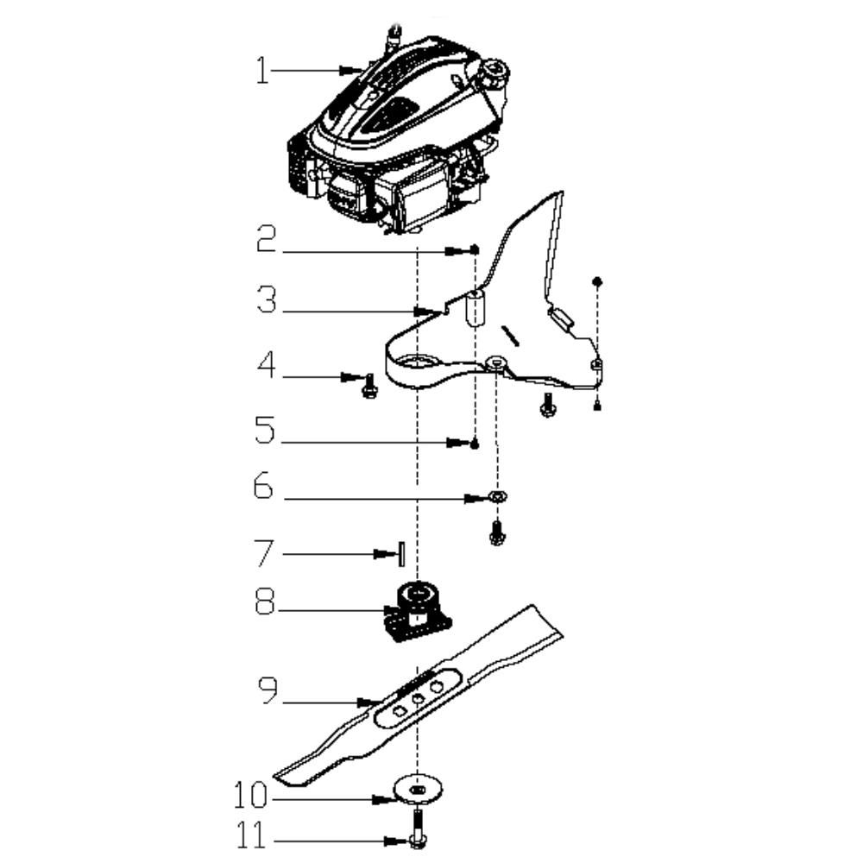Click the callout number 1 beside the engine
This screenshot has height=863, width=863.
pos(262,71)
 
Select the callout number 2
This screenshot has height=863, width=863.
pos(267,239)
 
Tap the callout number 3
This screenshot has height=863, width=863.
pos(267,300)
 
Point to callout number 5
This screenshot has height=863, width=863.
pos(264,430)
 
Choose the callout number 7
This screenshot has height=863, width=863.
pos(263,553)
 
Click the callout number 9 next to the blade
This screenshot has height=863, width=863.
pos(268,690)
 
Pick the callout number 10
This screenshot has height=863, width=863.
pos(250,795)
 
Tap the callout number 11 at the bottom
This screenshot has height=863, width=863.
pos(251,835)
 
